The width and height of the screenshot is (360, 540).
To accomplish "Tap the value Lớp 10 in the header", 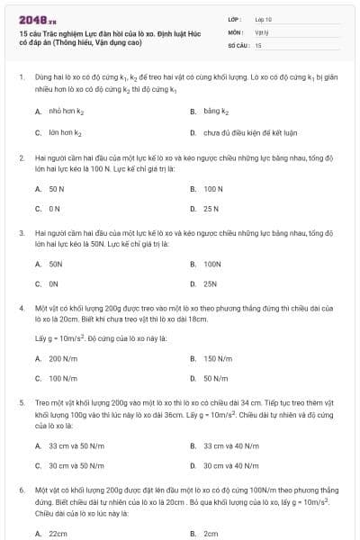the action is [x=264, y=18].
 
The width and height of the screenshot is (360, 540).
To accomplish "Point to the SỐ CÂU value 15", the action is [x=258, y=44].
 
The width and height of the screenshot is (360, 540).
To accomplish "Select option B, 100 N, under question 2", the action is [x=212, y=189].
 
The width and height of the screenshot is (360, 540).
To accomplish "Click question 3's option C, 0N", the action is [x=55, y=283].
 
